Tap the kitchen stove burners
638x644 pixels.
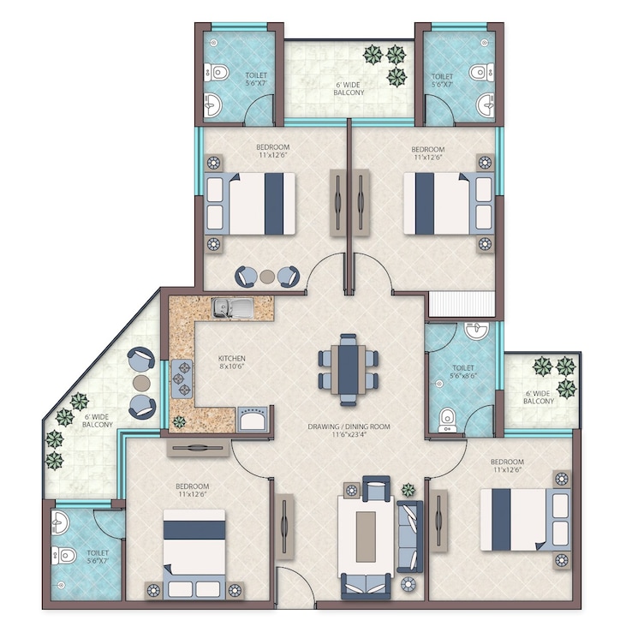(x=183, y=378)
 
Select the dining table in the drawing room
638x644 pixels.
(x=348, y=368)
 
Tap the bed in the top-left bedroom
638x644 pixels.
(x=249, y=204)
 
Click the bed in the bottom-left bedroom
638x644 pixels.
(x=194, y=548)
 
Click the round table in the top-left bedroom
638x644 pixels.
(x=267, y=277)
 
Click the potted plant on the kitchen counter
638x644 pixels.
(x=180, y=421)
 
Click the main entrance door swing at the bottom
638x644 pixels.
(x=295, y=590)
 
